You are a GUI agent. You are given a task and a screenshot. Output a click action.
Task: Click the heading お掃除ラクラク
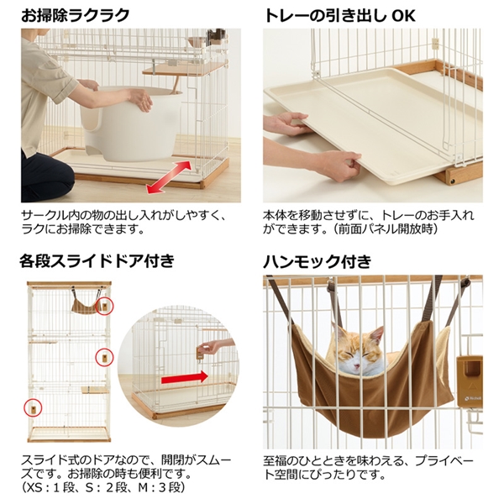pos(76,15)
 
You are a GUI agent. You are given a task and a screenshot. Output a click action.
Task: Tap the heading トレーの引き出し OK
pos(339,15)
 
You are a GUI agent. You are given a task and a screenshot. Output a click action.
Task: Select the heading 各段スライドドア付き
pos(97,260)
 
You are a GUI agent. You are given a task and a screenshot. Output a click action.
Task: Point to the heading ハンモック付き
pos(318,260)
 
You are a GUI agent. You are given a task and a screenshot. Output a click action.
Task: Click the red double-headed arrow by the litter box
pos(169,177)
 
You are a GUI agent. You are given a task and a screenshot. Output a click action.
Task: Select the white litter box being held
pos(131,123)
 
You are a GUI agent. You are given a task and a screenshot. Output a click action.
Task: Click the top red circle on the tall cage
pos(105,306)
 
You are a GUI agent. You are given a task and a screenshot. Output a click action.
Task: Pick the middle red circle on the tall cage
pos(105,357)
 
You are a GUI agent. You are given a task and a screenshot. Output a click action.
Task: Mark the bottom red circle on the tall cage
pos(33,408)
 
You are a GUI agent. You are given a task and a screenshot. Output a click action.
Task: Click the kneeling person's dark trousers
pos(45,176)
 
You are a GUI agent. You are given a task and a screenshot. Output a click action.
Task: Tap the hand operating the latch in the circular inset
pos(213,346)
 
